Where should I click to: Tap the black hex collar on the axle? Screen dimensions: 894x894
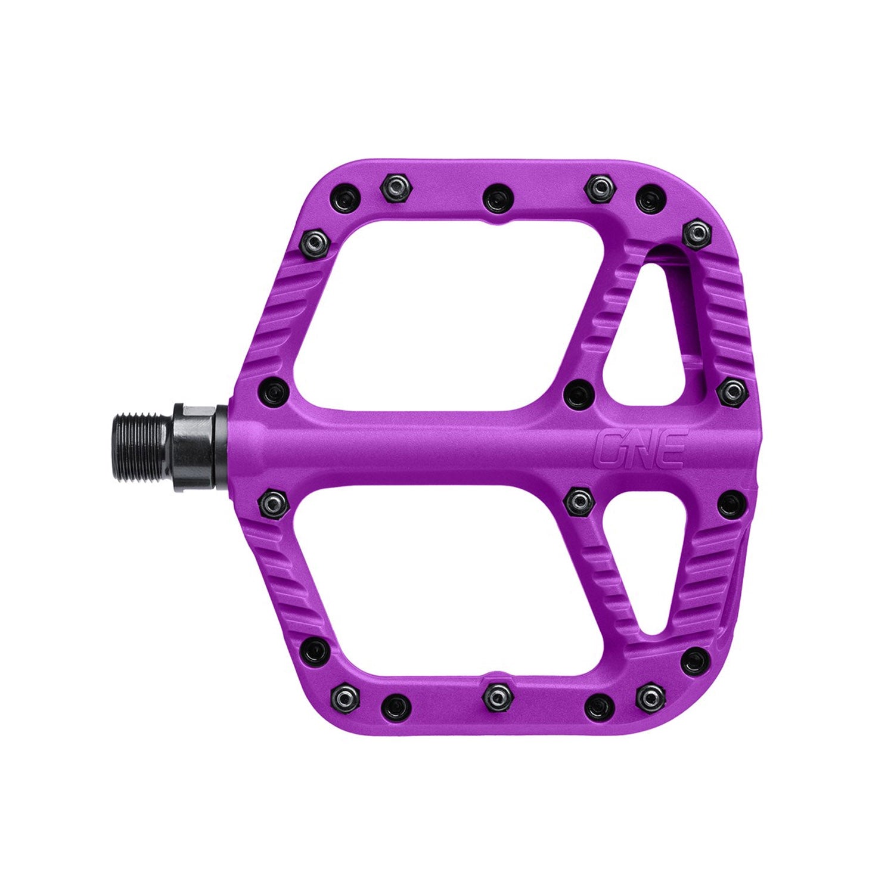(x=193, y=440)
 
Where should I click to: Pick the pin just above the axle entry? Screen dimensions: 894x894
(x=274, y=392)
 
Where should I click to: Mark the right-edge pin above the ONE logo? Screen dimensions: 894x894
(x=731, y=390)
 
